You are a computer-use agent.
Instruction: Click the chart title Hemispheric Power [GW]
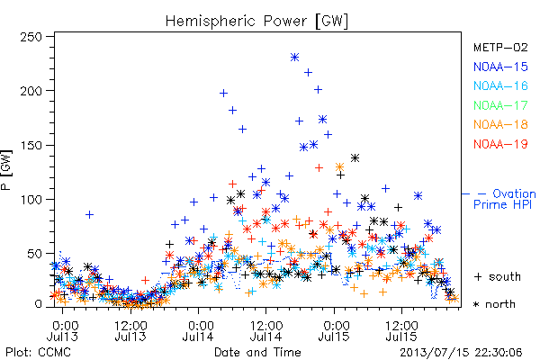[x=256, y=22]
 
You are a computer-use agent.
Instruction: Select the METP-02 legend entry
[x=500, y=47]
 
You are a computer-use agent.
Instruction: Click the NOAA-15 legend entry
[x=500, y=67]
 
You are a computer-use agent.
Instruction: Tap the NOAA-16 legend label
[x=500, y=85]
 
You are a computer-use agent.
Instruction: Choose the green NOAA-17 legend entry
[x=500, y=105]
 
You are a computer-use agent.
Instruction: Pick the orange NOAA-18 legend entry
[x=500, y=124]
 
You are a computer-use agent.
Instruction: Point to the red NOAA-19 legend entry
[x=500, y=144]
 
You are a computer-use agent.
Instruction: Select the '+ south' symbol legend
[x=498, y=276]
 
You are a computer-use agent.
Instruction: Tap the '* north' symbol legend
[x=494, y=304]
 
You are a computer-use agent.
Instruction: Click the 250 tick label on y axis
[x=31, y=37]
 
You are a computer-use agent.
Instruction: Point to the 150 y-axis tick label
[x=31, y=146]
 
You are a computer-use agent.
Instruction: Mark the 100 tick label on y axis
[x=31, y=200]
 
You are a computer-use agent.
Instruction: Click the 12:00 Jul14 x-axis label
[x=266, y=331]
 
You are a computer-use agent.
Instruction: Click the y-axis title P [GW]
[x=6, y=170]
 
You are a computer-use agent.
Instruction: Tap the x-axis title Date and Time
[x=257, y=353]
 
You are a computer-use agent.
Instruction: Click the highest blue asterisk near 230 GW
[x=294, y=58]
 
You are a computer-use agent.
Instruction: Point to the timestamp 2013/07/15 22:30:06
[x=461, y=353]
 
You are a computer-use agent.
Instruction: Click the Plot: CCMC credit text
[x=38, y=353]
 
